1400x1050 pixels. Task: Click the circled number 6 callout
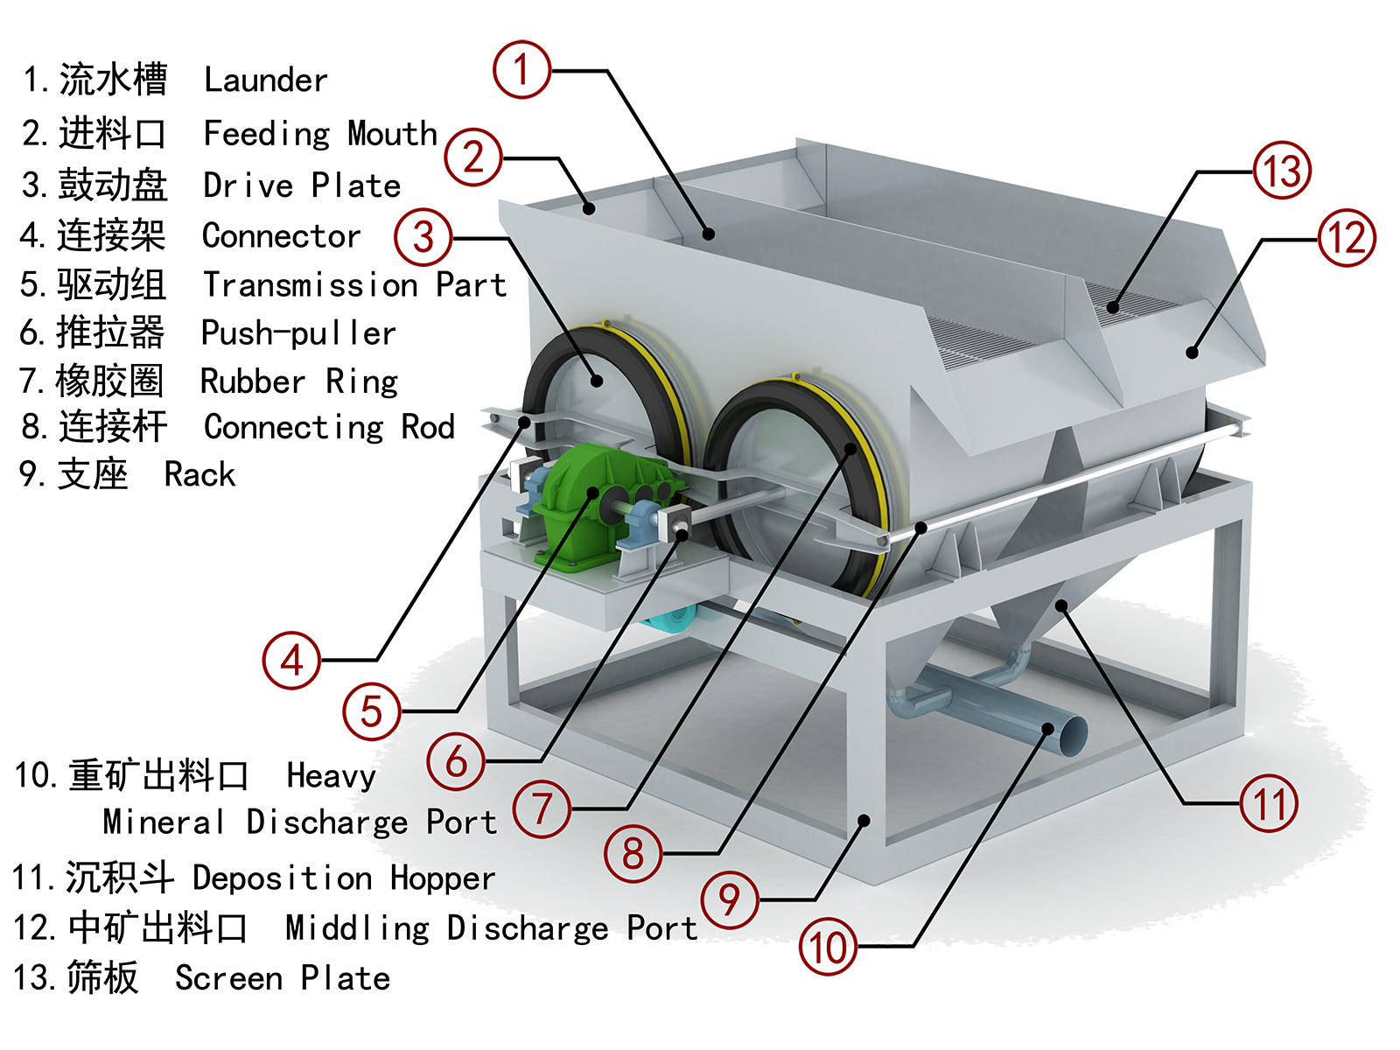[x=456, y=761]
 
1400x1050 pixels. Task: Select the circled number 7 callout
[x=542, y=808]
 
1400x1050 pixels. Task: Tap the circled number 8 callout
[x=633, y=853]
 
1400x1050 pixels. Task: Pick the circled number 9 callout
[x=730, y=899]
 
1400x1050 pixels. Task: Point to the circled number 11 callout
[x=1269, y=803]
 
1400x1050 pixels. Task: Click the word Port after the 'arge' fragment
[x=461, y=822]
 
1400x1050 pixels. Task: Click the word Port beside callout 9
[x=662, y=928]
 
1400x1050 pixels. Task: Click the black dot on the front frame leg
[x=864, y=820]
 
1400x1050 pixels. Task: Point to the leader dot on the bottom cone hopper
[x=1061, y=604]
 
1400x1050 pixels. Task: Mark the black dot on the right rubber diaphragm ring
[x=852, y=448]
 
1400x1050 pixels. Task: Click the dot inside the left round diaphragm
[x=597, y=380]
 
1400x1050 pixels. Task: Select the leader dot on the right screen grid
[x=1113, y=306]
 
